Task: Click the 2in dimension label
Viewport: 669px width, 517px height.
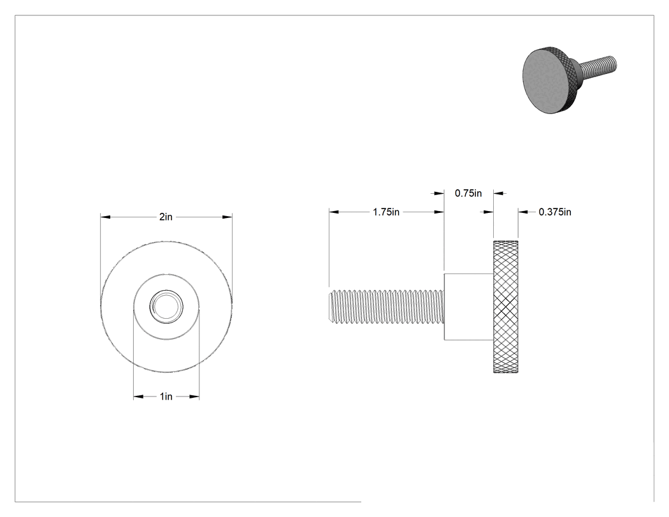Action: tap(166, 217)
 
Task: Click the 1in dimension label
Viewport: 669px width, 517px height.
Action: tap(166, 397)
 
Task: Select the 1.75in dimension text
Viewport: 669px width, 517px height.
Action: tap(386, 212)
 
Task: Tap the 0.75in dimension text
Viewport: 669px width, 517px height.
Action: tap(468, 193)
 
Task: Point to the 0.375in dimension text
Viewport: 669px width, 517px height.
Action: tap(555, 212)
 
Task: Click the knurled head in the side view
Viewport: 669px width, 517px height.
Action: tap(506, 307)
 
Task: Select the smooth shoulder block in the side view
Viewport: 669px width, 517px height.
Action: tap(469, 307)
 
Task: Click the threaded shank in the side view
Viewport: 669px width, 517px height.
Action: tap(387, 307)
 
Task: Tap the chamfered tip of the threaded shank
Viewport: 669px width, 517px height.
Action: tap(331, 307)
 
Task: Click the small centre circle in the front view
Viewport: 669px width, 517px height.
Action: tap(166, 306)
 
